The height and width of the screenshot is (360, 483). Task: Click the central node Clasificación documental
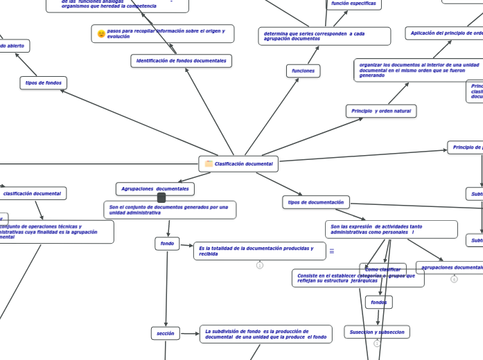click(x=238, y=164)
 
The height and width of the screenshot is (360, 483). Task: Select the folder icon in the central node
click(x=209, y=164)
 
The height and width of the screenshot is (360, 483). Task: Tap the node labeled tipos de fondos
click(x=44, y=83)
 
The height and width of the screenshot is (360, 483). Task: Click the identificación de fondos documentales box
click(x=181, y=61)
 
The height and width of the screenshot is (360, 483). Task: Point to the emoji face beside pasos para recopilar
click(x=101, y=34)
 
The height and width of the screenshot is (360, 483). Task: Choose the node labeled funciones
click(x=303, y=71)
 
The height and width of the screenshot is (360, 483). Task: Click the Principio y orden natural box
click(x=380, y=111)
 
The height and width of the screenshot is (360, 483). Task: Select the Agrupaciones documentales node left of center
click(x=155, y=189)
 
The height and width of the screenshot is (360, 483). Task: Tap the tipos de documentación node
click(x=315, y=202)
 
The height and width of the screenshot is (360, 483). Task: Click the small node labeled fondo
click(x=167, y=244)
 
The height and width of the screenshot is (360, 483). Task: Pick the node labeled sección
click(x=165, y=333)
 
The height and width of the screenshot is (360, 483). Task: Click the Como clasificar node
click(x=383, y=269)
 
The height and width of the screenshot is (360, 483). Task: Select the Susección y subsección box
click(x=376, y=332)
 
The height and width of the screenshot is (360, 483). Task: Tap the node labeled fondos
click(x=378, y=303)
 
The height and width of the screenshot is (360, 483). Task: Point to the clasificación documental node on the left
click(x=33, y=194)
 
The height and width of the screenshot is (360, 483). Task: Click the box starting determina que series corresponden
click(x=324, y=36)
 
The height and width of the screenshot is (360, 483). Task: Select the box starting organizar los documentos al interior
click(x=419, y=70)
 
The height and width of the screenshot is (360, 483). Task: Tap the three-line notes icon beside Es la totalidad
click(x=331, y=251)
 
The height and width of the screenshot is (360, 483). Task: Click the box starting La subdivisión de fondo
click(x=265, y=334)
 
